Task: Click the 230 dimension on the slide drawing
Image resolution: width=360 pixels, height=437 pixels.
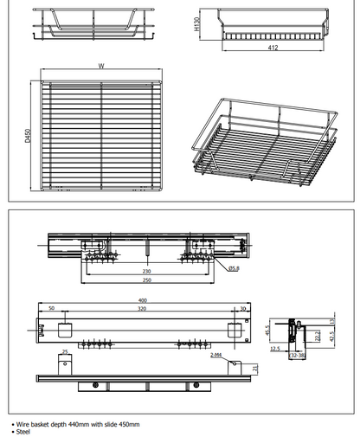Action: tap(148, 271)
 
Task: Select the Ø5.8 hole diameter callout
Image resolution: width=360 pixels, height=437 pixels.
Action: tap(234, 269)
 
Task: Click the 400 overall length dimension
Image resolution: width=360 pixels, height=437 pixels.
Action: tap(141, 300)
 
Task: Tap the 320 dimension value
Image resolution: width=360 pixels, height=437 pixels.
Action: tap(141, 309)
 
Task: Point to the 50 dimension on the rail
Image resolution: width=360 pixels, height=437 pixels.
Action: tap(51, 309)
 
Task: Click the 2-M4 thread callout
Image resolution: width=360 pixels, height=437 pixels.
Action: tap(215, 355)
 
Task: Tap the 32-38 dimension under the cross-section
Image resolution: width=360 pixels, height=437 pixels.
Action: tap(297, 355)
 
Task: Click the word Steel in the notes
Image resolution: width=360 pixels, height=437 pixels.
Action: tap(24, 431)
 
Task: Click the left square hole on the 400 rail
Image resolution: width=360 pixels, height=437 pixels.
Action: tap(62, 330)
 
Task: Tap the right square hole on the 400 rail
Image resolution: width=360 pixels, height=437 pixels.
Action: tap(231, 330)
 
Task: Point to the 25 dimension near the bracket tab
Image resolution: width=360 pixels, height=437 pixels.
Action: tap(64, 351)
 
